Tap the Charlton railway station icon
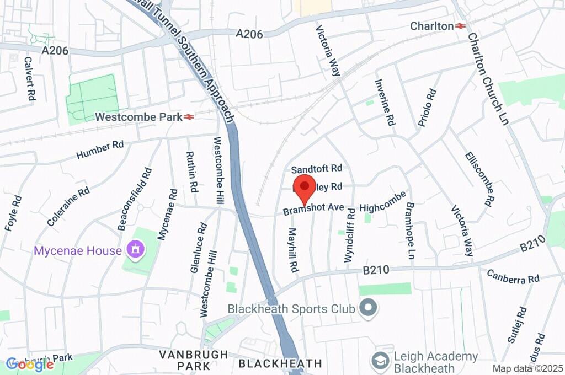(461, 26)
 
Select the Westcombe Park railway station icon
(189, 117)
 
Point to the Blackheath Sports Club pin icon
(368, 308)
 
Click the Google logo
(30, 364)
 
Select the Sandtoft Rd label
(317, 168)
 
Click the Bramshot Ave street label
(313, 210)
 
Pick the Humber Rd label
(100, 149)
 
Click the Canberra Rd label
(513, 276)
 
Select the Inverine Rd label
(385, 103)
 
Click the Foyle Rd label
(13, 213)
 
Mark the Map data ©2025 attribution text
(527, 368)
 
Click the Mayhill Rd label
(293, 250)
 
